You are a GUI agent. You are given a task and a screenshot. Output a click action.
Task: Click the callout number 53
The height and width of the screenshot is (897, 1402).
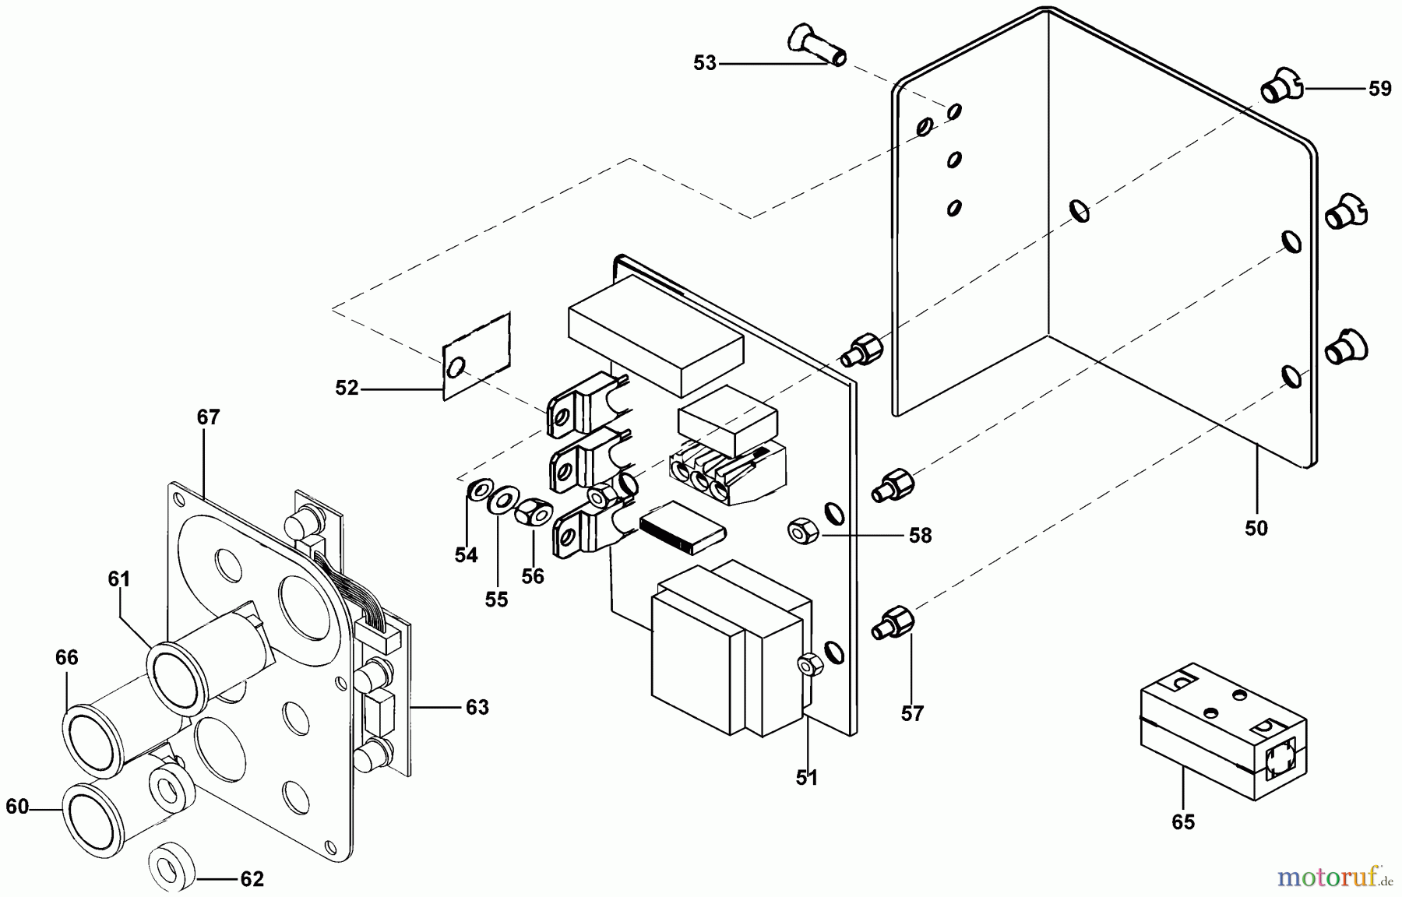[704, 63]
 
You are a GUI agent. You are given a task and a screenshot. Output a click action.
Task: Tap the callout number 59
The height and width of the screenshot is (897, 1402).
[1379, 89]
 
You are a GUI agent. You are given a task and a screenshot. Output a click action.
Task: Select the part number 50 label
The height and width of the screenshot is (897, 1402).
[1256, 528]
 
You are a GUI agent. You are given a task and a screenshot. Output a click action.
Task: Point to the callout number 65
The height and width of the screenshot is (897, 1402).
[1182, 822]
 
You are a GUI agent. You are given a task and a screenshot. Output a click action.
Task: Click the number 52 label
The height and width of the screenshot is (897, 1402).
[347, 387]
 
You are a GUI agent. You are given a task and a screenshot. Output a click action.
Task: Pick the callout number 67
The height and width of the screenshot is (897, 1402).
[208, 417]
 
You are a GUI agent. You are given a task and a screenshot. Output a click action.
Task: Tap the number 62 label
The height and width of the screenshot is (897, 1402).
[252, 879]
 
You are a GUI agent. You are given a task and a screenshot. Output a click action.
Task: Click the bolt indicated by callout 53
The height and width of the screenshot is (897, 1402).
[818, 44]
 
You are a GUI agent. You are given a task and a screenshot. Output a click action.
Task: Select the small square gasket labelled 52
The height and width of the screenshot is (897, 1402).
[476, 357]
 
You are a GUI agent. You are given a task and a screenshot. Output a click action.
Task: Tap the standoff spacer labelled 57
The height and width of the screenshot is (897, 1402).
[893, 624]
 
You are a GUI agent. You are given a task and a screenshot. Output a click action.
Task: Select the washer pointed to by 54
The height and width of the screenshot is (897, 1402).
[478, 491]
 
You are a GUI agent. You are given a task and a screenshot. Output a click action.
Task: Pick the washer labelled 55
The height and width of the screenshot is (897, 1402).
[504, 499]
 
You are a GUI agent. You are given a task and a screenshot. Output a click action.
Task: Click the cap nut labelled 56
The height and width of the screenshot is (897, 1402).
[534, 512]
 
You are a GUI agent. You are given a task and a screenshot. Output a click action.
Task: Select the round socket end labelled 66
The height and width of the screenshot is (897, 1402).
[88, 734]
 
